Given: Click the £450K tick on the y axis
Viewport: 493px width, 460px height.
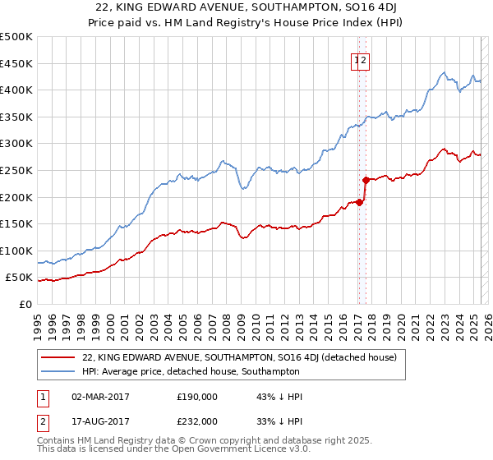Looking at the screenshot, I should pyautogui.click(x=16, y=63).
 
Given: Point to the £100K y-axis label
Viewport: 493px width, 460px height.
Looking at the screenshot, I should pyautogui.click(x=16, y=251).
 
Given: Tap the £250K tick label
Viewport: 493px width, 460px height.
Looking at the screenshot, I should pyautogui.click(x=16, y=170).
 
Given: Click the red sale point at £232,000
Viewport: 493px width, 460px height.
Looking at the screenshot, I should pyautogui.click(x=366, y=179).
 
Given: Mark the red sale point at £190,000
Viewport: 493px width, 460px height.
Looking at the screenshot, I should pyautogui.click(x=359, y=202).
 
